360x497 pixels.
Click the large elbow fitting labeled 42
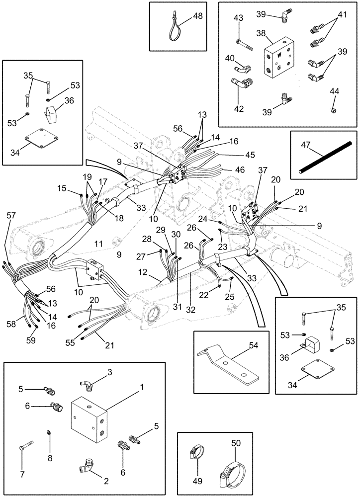241,83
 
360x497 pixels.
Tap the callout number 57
11,215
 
